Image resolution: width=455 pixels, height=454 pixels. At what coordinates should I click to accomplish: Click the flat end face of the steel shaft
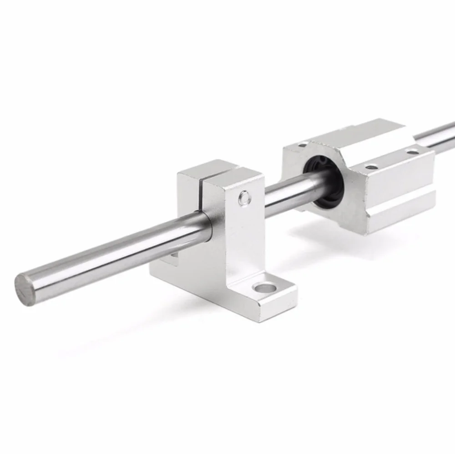[25, 290]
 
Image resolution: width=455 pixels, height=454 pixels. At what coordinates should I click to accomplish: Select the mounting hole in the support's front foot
[266, 288]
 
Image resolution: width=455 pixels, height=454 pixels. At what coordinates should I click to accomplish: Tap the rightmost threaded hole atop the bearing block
[412, 152]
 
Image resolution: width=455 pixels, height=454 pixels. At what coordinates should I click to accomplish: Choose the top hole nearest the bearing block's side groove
[372, 167]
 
